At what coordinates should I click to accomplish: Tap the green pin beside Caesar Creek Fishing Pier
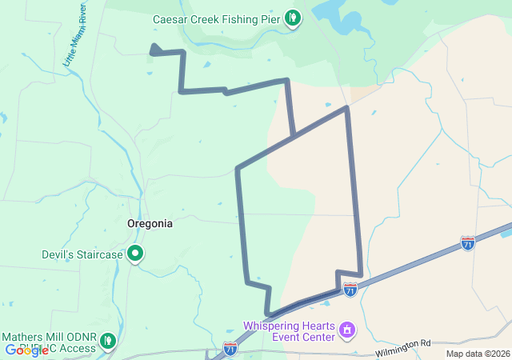(x=294, y=15)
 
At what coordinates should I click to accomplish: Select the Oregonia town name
(x=150, y=224)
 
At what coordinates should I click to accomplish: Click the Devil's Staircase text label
(x=82, y=255)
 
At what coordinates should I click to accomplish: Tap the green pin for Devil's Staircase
(x=136, y=254)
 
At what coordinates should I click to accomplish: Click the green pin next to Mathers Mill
(x=108, y=341)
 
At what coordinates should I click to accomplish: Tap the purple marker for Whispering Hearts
(x=347, y=329)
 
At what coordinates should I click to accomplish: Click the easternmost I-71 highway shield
(x=468, y=242)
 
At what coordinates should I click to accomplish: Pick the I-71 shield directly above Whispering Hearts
(x=350, y=290)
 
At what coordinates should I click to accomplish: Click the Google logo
(x=26, y=350)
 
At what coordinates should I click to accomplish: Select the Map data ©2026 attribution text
(x=477, y=354)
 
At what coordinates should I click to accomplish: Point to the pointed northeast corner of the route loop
(x=346, y=107)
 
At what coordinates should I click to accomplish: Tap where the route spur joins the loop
(x=294, y=137)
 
